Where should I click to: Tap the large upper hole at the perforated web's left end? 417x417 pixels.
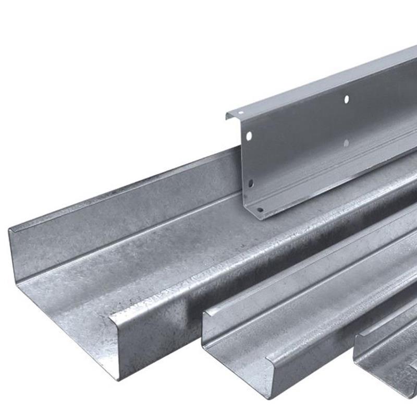[x=249, y=136]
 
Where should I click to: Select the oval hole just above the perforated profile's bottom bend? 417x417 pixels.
[x=250, y=183]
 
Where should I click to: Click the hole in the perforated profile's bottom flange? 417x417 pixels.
[x=260, y=210]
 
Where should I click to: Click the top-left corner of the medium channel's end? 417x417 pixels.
[x=203, y=313]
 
